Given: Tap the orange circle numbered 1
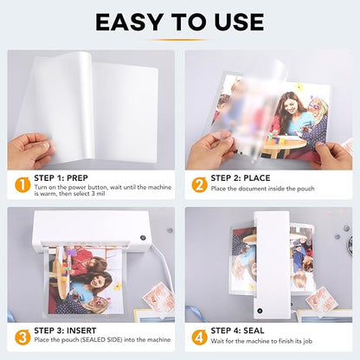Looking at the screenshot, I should point(22,184).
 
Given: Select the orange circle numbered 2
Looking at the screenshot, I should point(199,184).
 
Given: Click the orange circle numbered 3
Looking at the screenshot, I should point(22,336).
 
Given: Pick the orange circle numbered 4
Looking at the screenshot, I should point(199,336).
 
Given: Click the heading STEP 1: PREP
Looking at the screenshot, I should point(67,177).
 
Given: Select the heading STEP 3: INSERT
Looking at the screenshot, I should point(72,329).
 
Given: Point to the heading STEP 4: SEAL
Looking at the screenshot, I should point(244,329).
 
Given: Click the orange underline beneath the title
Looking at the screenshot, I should point(179,39).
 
